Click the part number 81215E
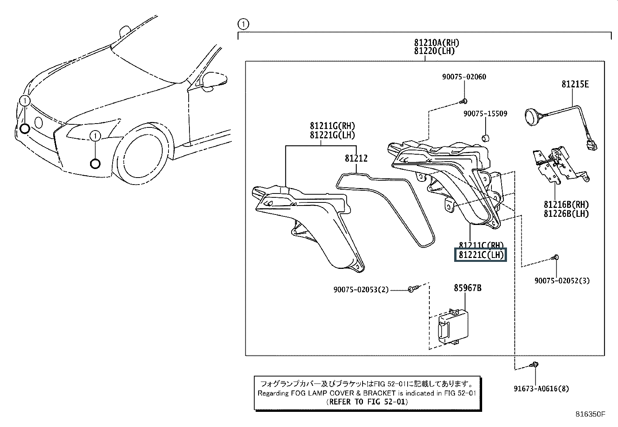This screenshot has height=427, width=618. point(575,84)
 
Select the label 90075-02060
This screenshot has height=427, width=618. point(464,77)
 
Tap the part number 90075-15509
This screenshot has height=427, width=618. point(485,114)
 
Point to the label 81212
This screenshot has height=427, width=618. point(356,159)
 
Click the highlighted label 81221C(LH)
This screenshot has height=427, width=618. point(481,255)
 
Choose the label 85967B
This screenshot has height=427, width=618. point(468,288)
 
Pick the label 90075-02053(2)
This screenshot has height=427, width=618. point(361,289)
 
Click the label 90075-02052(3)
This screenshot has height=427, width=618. point(562,281)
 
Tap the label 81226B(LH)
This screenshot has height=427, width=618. point(566,214)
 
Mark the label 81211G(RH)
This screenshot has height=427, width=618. point(332,126)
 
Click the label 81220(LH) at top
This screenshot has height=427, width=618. point(434,51)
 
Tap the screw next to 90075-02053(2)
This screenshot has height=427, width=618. point(412,289)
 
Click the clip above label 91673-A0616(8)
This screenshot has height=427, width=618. point(535,365)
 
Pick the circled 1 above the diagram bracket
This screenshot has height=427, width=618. point(243,24)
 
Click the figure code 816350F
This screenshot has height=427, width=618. point(590,414)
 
